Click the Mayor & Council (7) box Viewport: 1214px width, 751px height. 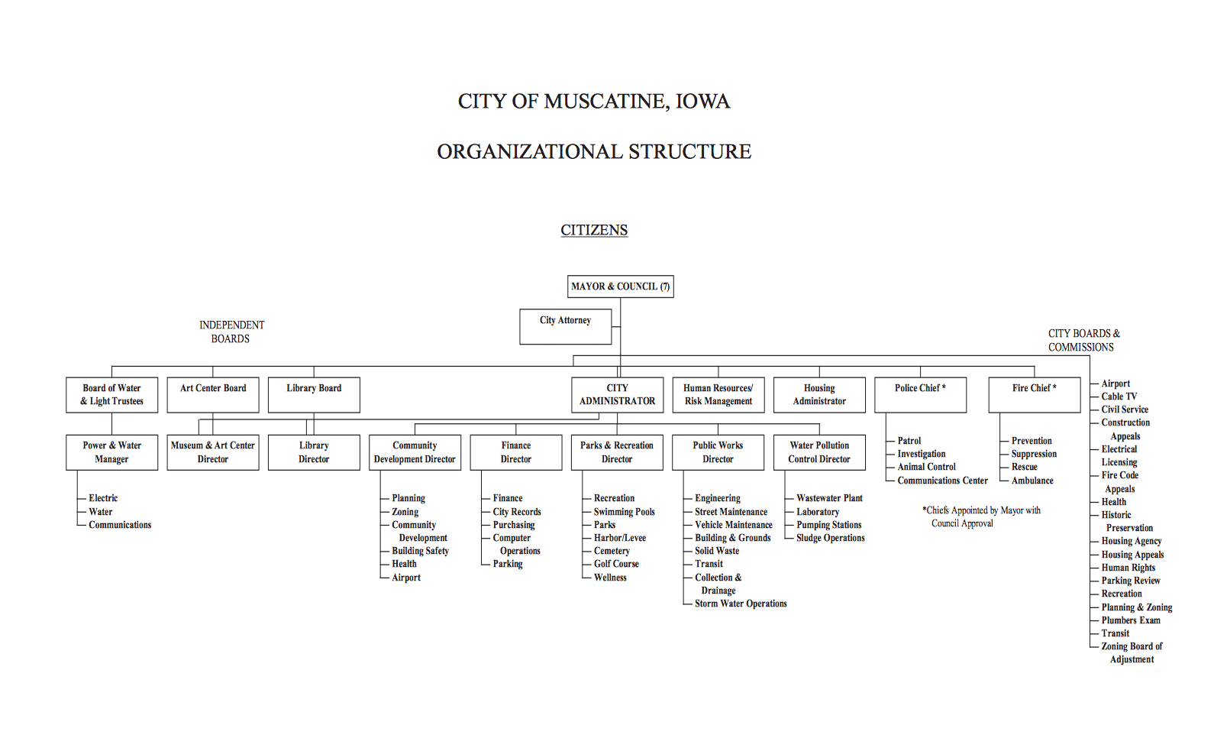point(620,286)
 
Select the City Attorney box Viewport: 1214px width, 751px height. point(565,326)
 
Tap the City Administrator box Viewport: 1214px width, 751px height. point(617,394)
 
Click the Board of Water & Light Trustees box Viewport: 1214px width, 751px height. point(111,394)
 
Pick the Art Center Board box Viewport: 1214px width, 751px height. point(213,394)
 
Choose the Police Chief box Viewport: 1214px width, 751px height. point(920,394)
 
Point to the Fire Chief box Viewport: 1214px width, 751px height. point(1034,394)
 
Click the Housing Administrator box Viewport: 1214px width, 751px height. point(819,394)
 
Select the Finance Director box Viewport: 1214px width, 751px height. point(515,452)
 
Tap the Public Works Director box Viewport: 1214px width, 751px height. point(718,452)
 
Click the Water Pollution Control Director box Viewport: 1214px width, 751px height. point(819,452)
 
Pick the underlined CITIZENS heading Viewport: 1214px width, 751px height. point(594,230)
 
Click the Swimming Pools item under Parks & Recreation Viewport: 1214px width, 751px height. point(624,512)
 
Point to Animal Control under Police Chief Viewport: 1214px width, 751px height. point(926,467)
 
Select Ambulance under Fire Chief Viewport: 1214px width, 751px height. point(1032,481)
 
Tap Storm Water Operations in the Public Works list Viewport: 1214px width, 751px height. point(740,604)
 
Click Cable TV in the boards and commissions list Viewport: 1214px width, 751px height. point(1119,397)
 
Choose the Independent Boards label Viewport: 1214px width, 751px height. point(231,332)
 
